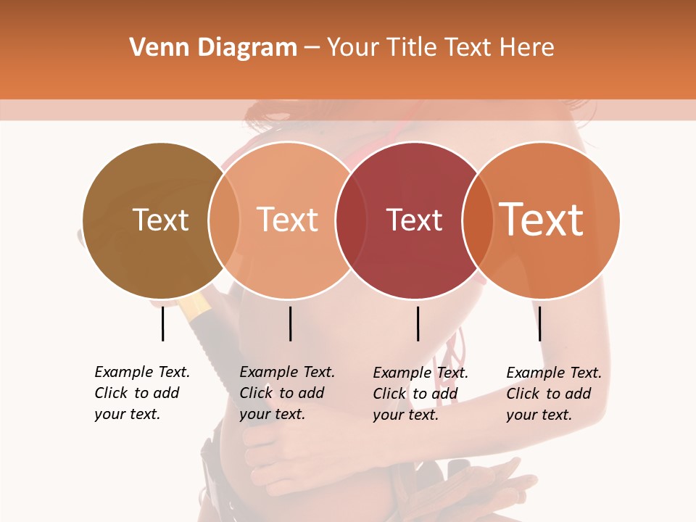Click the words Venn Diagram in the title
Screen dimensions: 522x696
point(213,48)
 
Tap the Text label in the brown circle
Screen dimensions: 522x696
point(160,220)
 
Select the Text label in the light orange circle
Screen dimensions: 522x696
point(288,220)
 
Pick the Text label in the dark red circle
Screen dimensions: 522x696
point(414,220)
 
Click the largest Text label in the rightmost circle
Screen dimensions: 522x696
point(542,220)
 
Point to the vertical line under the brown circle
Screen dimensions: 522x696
point(163,323)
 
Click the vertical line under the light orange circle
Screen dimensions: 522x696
point(290,323)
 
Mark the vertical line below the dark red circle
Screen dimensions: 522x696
point(418,323)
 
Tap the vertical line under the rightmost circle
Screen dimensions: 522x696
point(540,323)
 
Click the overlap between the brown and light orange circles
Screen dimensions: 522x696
point(224,220)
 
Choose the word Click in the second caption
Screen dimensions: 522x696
point(255,393)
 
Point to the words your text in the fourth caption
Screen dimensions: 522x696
point(539,415)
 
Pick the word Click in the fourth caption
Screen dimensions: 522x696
point(522,394)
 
